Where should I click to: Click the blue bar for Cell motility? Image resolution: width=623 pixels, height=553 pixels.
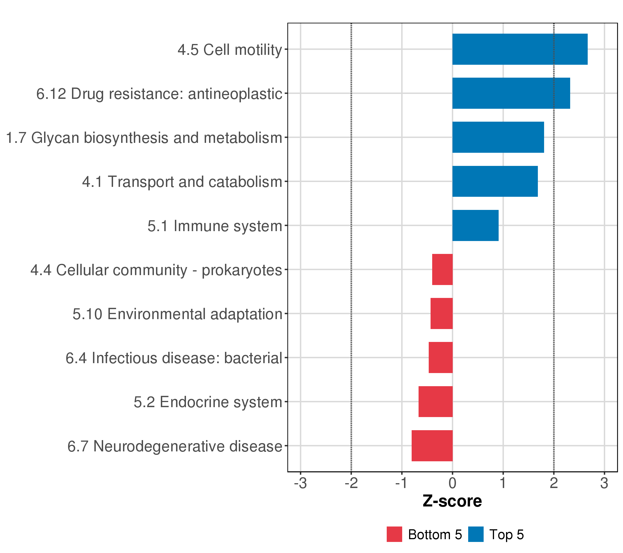coord(520,49)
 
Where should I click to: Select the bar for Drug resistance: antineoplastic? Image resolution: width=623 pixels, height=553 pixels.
coord(511,93)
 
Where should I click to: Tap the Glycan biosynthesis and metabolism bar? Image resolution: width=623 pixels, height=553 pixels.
coord(498,137)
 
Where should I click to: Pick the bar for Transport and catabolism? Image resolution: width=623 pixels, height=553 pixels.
coord(495,181)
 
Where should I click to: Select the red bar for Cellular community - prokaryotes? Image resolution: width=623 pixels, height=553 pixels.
coord(442,269)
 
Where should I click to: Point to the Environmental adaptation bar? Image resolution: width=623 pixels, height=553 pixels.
coord(441,313)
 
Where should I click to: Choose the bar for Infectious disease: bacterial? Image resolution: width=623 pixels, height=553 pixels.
coord(440,358)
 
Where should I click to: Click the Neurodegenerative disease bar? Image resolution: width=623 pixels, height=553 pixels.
coord(432,446)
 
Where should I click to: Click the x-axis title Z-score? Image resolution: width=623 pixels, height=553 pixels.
coord(452,501)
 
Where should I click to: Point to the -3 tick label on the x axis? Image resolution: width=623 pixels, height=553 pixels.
coord(300,483)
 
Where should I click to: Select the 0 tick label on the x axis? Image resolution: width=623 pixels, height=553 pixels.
coord(452,483)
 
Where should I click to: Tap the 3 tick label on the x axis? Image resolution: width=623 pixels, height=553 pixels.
coord(604,483)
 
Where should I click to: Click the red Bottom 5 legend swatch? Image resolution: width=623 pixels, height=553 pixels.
coord(394,534)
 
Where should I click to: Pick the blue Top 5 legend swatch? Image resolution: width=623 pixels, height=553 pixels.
coord(476,534)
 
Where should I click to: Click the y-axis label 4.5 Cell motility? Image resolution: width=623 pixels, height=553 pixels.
coord(230,50)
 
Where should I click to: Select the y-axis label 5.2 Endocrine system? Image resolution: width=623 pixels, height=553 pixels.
coord(208,402)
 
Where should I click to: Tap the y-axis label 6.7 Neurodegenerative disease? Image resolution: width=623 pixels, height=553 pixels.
coord(175,446)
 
